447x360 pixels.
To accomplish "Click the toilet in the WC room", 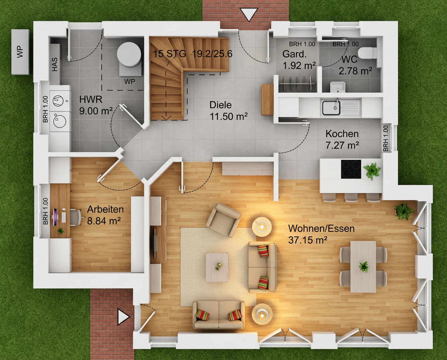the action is (x=367, y=53).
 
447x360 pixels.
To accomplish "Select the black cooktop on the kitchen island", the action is (x=351, y=169).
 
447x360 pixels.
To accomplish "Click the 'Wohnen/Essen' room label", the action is (x=321, y=228).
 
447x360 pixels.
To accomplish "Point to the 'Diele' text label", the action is (x=220, y=105).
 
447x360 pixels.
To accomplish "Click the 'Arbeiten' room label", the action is (x=105, y=209).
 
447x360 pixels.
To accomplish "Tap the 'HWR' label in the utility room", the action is (x=91, y=99).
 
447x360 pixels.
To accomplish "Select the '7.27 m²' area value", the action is (x=342, y=145).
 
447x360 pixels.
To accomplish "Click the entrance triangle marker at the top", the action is (x=249, y=14).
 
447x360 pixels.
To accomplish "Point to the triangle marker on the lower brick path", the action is (x=123, y=317).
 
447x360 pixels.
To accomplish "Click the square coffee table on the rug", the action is (x=217, y=267).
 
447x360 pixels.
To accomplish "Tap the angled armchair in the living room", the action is (x=224, y=220).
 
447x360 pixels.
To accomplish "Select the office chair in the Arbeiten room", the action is (x=74, y=217).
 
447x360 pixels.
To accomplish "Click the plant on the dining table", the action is (x=364, y=267).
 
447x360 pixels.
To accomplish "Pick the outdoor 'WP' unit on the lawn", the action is (x=20, y=52).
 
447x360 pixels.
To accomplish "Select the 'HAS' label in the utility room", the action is (x=54, y=64).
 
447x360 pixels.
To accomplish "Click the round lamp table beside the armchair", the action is (x=262, y=226).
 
